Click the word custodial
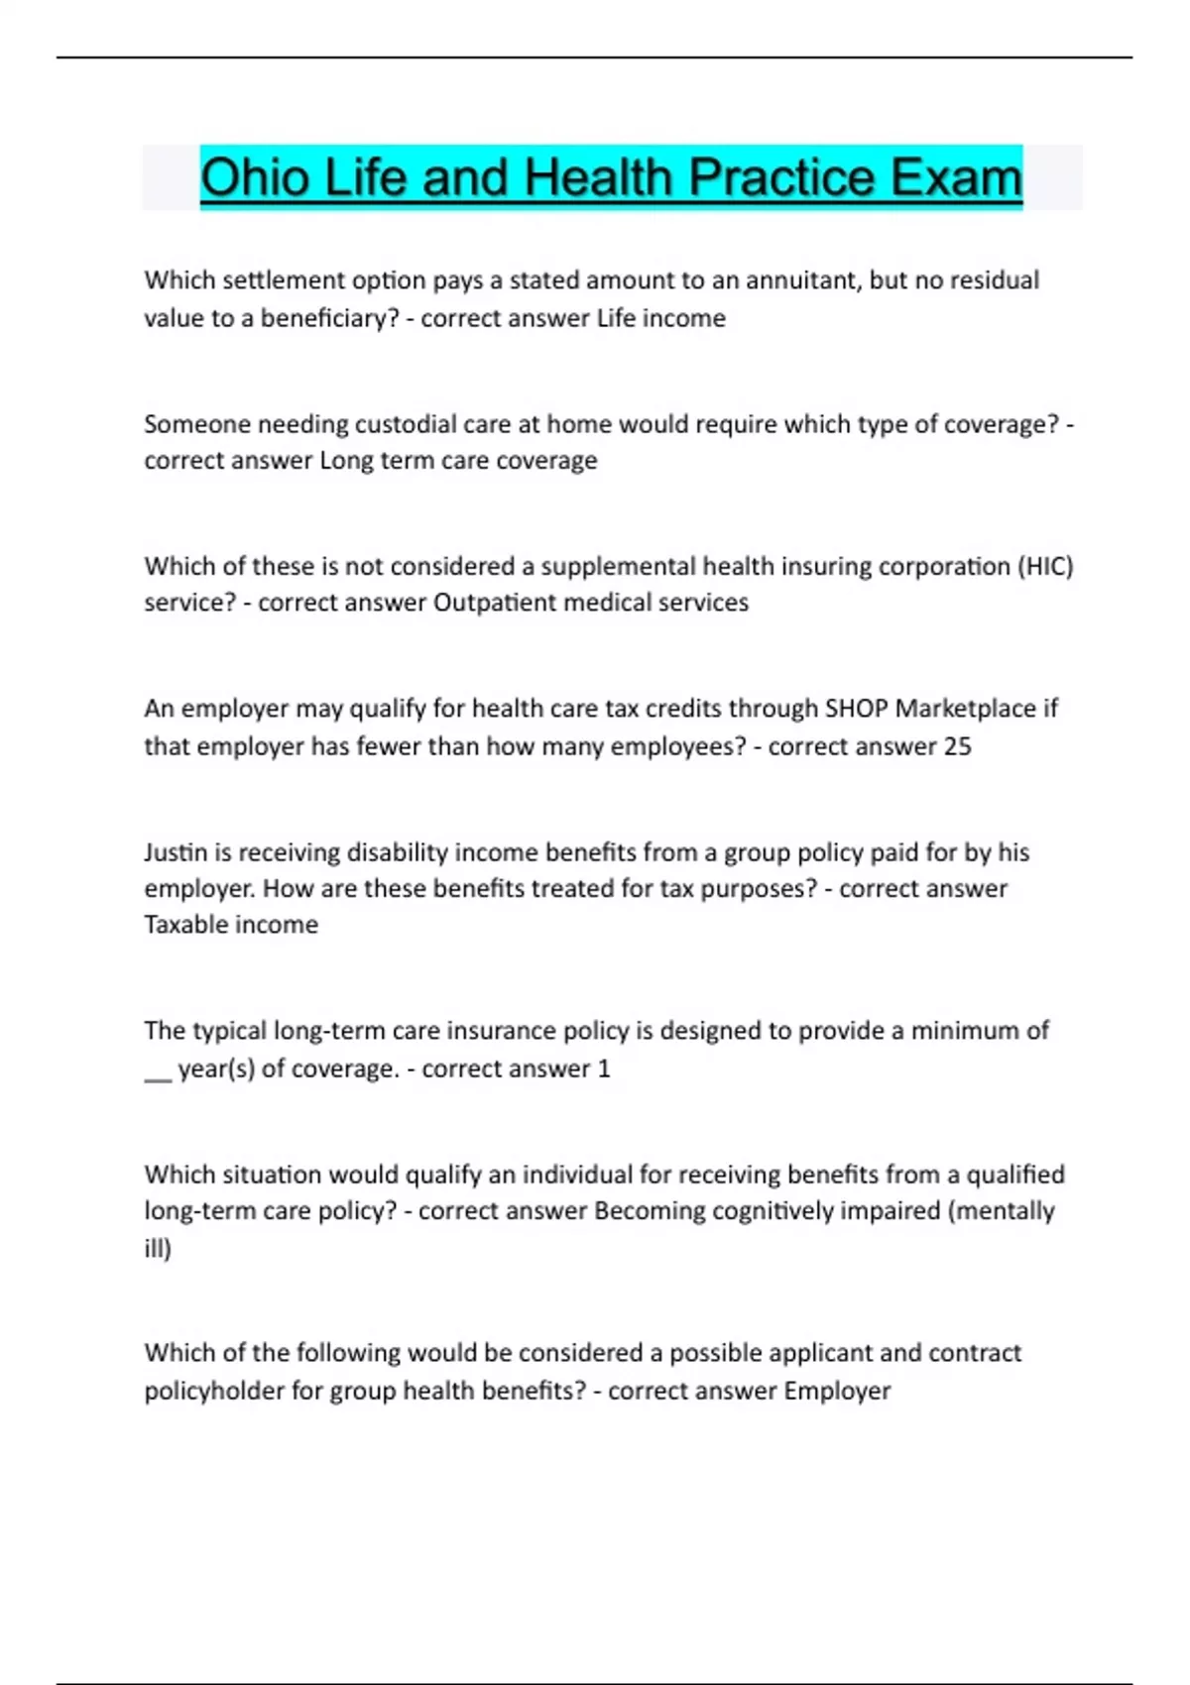click(x=406, y=424)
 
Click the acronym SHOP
click(x=856, y=709)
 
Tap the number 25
click(x=957, y=746)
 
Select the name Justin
click(x=177, y=852)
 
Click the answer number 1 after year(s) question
click(x=604, y=1068)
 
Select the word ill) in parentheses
click(x=158, y=1249)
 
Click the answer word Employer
click(x=837, y=1391)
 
